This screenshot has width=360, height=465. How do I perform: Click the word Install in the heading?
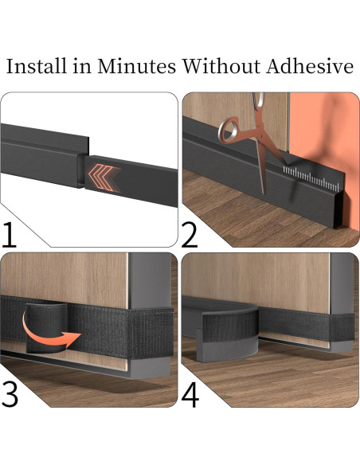click(x=36, y=66)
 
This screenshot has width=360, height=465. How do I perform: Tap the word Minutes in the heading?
click(x=137, y=66)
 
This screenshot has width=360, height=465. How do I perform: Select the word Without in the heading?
click(x=221, y=66)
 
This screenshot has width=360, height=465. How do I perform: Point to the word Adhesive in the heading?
click(x=310, y=66)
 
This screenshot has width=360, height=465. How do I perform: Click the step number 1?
click(x=9, y=235)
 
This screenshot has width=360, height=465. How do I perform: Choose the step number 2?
click(x=189, y=235)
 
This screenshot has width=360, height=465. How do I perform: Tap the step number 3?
click(x=10, y=395)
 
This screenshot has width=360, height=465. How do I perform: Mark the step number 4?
click(x=190, y=395)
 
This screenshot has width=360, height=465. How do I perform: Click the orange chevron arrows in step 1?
click(x=102, y=178)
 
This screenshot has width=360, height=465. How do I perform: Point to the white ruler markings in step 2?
click(x=311, y=178)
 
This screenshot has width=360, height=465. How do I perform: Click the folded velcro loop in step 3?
click(x=46, y=327)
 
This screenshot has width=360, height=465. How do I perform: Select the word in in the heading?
click(x=82, y=66)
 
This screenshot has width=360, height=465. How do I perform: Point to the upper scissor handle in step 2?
click(x=259, y=100)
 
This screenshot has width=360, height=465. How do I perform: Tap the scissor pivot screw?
click(x=261, y=134)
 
